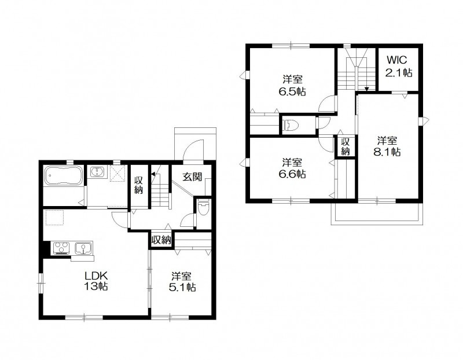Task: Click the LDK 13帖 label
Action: click(x=95, y=281)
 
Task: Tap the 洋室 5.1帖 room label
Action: click(x=182, y=282)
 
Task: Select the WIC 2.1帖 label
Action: click(x=399, y=66)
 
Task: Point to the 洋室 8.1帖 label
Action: click(x=387, y=146)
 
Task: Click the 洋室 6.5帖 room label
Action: click(x=292, y=86)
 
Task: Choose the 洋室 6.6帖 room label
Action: click(x=292, y=168)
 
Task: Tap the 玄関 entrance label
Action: click(x=192, y=177)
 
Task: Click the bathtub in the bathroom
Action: click(x=64, y=176)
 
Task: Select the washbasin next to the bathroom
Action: click(x=98, y=171)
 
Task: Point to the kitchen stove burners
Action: click(x=62, y=248)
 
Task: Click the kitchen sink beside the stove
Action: click(x=84, y=248)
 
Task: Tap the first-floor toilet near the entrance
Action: click(x=203, y=207)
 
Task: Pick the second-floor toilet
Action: click(x=291, y=124)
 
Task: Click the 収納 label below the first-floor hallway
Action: click(x=161, y=240)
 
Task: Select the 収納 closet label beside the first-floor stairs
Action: click(x=138, y=185)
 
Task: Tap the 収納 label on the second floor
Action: click(x=345, y=146)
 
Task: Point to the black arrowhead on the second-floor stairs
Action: click(x=366, y=89)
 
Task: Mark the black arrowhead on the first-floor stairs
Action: click(x=153, y=174)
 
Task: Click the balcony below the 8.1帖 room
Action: click(x=377, y=214)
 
